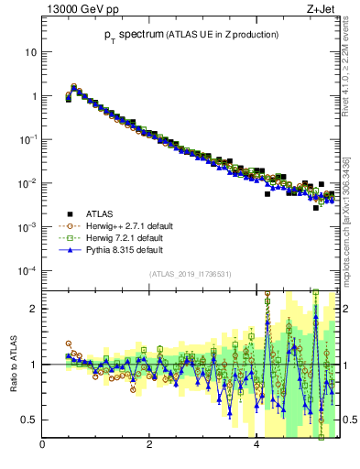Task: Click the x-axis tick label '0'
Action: click(x=43, y=446)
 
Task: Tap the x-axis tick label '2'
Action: click(x=149, y=446)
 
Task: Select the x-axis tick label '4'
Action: click(x=256, y=446)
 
